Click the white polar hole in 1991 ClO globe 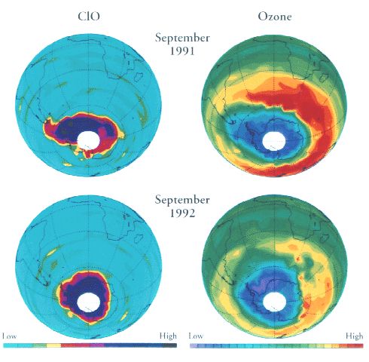(x=89, y=140)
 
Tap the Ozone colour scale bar (x=276, y=345)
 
